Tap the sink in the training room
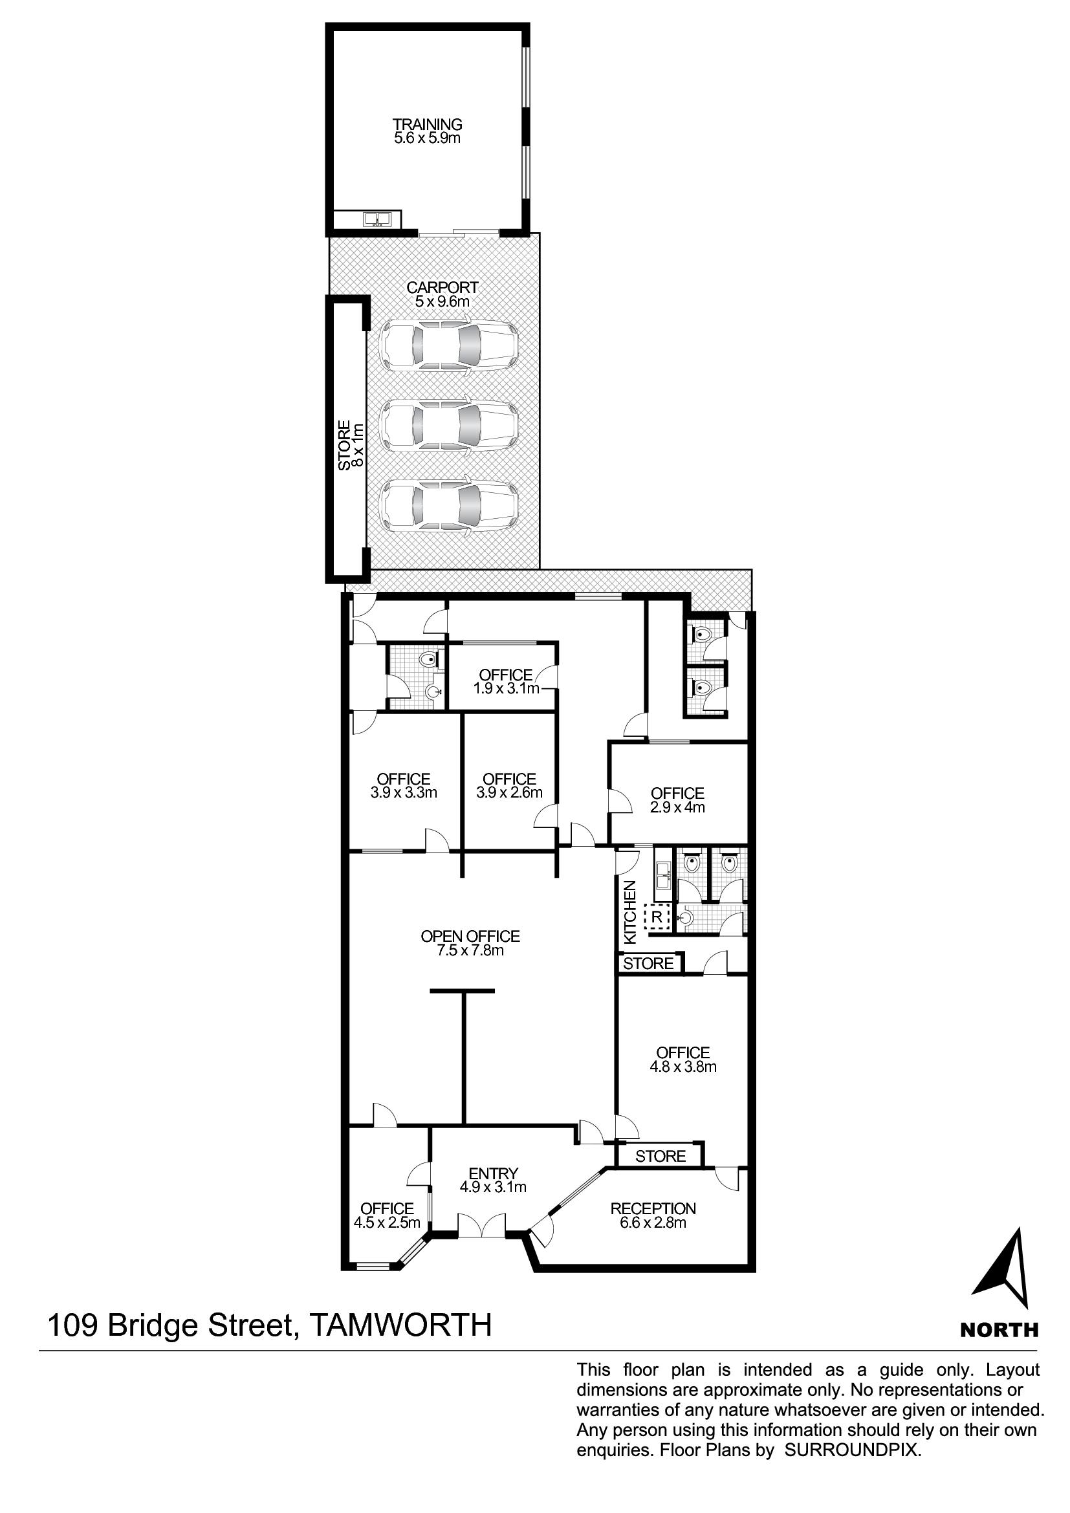click(x=378, y=218)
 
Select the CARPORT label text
click(x=442, y=287)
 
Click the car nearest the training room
click(x=449, y=345)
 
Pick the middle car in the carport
click(x=449, y=426)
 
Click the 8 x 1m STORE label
click(x=351, y=445)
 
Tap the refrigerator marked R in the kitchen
click(x=656, y=917)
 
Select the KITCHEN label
click(x=630, y=912)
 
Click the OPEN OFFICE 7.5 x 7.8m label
click(x=470, y=943)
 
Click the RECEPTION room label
click(x=653, y=1208)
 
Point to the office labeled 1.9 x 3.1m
click(x=506, y=681)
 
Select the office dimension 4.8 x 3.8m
click(x=683, y=1067)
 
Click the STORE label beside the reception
click(x=661, y=1156)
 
